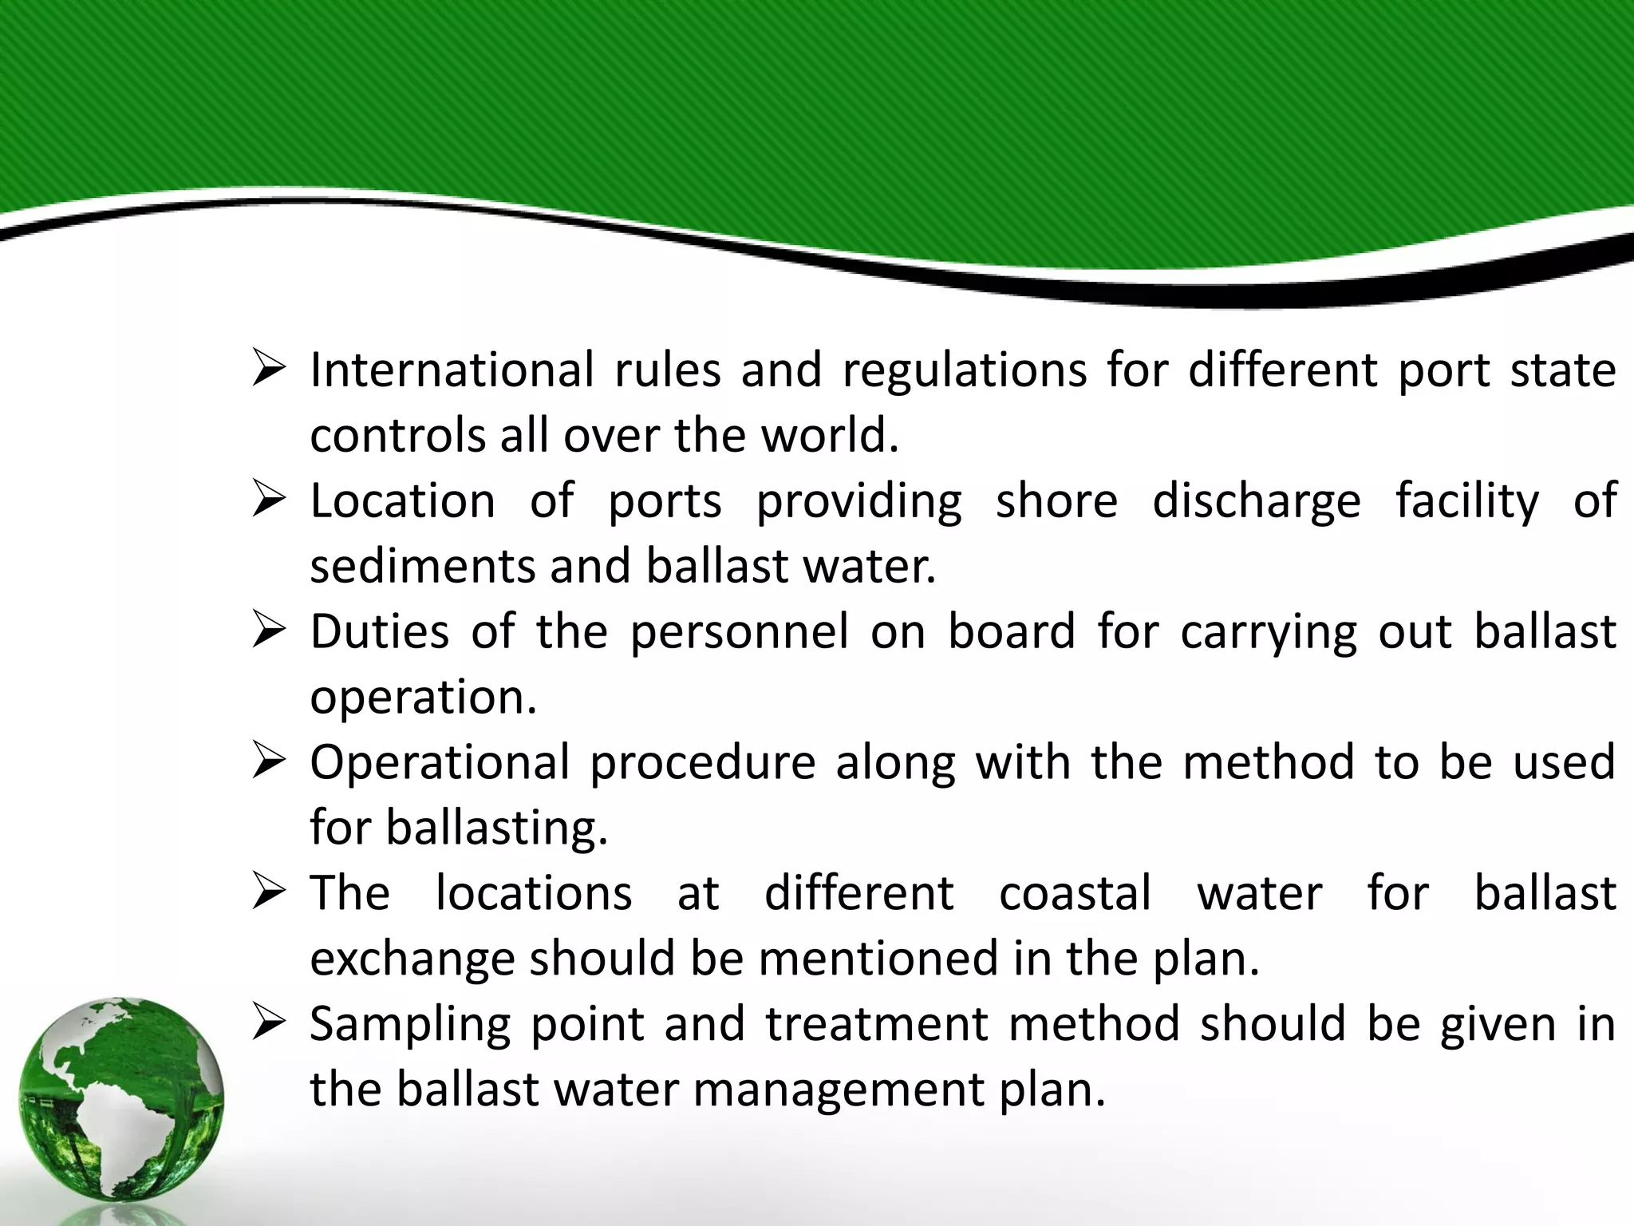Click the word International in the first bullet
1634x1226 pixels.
tap(452, 370)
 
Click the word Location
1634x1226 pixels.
tap(403, 501)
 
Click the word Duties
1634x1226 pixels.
tap(380, 631)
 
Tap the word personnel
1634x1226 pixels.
tap(740, 633)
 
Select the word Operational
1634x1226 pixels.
tap(440, 763)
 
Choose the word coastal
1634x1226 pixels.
tap(1076, 893)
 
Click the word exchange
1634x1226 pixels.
tap(411, 959)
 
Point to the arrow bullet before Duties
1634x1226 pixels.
tap(269, 632)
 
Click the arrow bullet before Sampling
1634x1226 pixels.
tap(269, 1024)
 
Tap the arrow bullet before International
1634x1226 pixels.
tap(269, 371)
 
